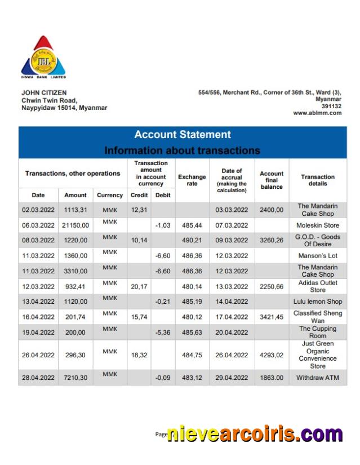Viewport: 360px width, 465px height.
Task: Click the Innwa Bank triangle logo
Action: click(x=43, y=57)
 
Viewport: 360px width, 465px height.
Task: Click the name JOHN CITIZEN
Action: click(x=44, y=92)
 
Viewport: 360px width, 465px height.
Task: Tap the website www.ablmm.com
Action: click(x=317, y=113)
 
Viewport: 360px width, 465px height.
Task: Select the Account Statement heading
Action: click(x=182, y=135)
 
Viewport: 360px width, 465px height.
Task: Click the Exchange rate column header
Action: click(x=192, y=180)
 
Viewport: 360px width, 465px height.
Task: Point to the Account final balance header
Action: click(x=272, y=180)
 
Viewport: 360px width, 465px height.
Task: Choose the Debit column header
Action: click(x=163, y=195)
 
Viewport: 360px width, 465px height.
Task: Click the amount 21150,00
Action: click(x=75, y=225)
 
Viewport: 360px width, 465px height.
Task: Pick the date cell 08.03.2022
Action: click(x=38, y=240)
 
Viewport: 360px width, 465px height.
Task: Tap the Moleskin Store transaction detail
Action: click(x=318, y=225)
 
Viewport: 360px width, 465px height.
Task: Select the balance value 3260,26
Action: click(x=272, y=240)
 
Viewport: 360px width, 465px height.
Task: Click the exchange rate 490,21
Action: click(x=192, y=240)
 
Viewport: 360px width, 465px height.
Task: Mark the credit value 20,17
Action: click(x=139, y=286)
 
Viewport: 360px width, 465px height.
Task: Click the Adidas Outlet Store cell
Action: click(x=318, y=286)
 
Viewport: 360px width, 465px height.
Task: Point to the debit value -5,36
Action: click(x=163, y=332)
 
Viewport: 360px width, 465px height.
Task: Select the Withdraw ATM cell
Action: click(x=318, y=378)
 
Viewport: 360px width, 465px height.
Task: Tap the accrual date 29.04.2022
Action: click(x=232, y=378)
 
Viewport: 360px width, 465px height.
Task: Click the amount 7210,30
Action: click(x=75, y=378)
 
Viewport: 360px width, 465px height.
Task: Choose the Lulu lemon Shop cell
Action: click(x=318, y=302)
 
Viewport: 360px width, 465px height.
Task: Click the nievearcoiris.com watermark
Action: click(x=255, y=435)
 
